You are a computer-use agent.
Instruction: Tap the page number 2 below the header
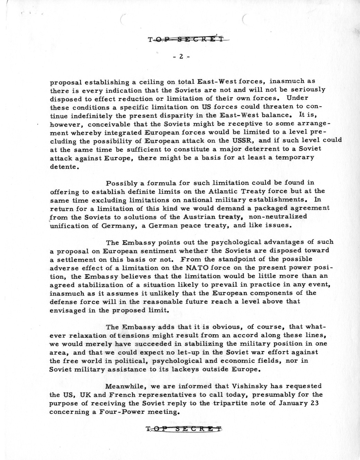(181, 57)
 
